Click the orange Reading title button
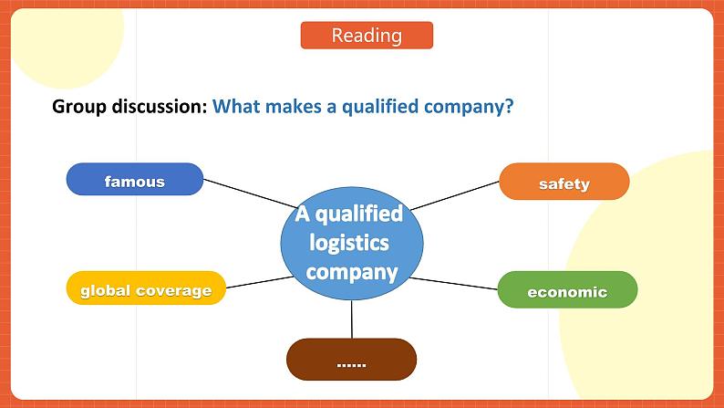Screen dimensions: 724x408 click(367, 35)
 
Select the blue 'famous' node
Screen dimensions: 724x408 click(135, 179)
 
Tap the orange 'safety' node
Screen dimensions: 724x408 click(564, 182)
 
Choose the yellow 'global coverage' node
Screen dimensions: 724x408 click(146, 288)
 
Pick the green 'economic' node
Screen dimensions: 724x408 click(567, 289)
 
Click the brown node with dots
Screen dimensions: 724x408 click(351, 360)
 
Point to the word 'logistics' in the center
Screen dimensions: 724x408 click(349, 243)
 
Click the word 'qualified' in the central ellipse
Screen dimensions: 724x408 click(358, 214)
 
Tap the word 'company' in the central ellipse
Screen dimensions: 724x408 click(351, 273)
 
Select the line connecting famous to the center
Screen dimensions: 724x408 click(250, 194)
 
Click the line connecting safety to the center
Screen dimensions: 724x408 click(455, 195)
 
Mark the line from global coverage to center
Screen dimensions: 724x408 click(260, 282)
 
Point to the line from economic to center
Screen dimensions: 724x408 click(453, 284)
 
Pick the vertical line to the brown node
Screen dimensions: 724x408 click(351, 319)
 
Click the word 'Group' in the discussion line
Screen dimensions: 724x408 click(79, 107)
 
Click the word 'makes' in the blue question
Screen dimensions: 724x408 click(294, 106)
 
